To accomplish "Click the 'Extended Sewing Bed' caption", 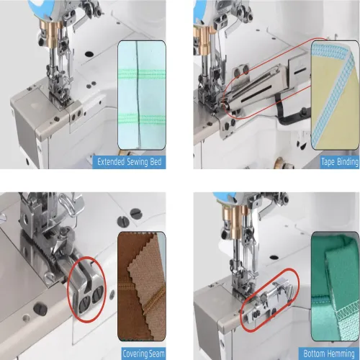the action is tap(129, 162).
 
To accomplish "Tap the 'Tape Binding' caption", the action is tap(340, 162).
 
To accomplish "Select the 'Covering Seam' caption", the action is tap(143, 354).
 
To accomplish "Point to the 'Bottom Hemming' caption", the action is tap(329, 354).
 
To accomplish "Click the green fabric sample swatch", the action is tap(335, 286).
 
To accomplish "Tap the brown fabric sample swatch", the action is tap(142, 286).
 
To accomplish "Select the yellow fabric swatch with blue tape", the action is tap(335, 95).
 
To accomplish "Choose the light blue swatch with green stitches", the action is tap(142, 95).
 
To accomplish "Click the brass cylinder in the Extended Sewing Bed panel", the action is tap(51, 31).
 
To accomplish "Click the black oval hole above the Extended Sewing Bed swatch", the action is tap(89, 54).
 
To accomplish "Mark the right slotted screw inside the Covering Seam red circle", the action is tap(97, 294).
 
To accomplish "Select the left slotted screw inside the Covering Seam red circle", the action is tap(85, 304).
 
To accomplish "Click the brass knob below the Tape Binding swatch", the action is tap(285, 163).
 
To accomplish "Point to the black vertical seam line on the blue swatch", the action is tap(138, 95).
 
